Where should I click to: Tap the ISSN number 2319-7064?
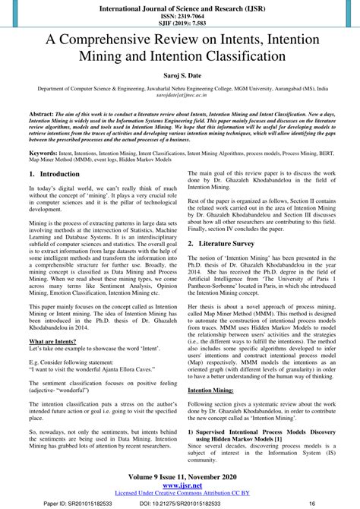[x=179, y=16]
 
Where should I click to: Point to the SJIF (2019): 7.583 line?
[x=179, y=24]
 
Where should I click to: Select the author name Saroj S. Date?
[x=180, y=77]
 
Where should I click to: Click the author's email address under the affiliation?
[x=180, y=96]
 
